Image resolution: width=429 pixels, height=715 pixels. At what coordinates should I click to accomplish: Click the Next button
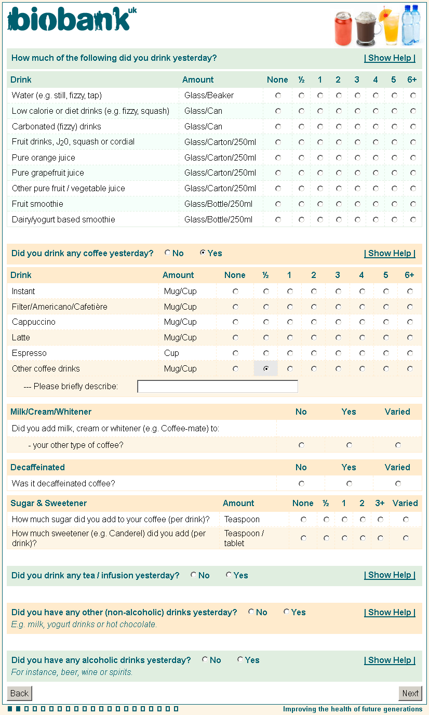tap(410, 693)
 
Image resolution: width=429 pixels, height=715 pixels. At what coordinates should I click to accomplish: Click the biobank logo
tap(72, 20)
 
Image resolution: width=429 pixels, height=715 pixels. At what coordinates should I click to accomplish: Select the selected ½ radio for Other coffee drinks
tap(266, 369)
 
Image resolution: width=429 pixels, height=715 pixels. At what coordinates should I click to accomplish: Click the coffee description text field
tap(218, 387)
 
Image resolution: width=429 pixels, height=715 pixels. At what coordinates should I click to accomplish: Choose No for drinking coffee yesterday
tap(168, 253)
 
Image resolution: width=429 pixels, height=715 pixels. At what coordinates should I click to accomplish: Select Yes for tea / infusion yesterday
tap(229, 575)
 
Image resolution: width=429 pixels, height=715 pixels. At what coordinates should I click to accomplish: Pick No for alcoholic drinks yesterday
tap(205, 660)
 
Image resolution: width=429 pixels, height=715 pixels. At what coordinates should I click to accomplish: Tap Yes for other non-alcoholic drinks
tap(287, 612)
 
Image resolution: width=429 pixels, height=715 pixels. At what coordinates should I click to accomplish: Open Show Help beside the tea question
tap(390, 575)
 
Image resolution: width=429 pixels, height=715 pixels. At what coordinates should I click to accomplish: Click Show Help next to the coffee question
tap(390, 254)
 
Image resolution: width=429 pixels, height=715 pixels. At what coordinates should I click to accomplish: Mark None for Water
tap(278, 96)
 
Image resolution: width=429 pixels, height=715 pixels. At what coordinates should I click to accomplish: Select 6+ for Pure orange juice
tap(413, 157)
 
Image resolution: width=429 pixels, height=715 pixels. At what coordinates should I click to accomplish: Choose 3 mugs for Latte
tap(338, 338)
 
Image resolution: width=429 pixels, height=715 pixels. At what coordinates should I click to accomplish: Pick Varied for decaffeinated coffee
tap(398, 484)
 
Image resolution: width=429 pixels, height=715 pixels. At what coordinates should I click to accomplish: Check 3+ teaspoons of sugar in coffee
tap(381, 520)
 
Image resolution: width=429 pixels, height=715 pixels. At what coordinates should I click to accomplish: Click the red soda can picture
tap(343, 29)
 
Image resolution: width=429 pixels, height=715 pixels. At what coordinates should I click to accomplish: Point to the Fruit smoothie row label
tap(37, 204)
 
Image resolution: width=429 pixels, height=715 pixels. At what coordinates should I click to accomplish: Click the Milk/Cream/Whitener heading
tap(51, 412)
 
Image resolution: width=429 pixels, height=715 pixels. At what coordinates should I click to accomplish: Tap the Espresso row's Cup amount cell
tap(171, 353)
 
